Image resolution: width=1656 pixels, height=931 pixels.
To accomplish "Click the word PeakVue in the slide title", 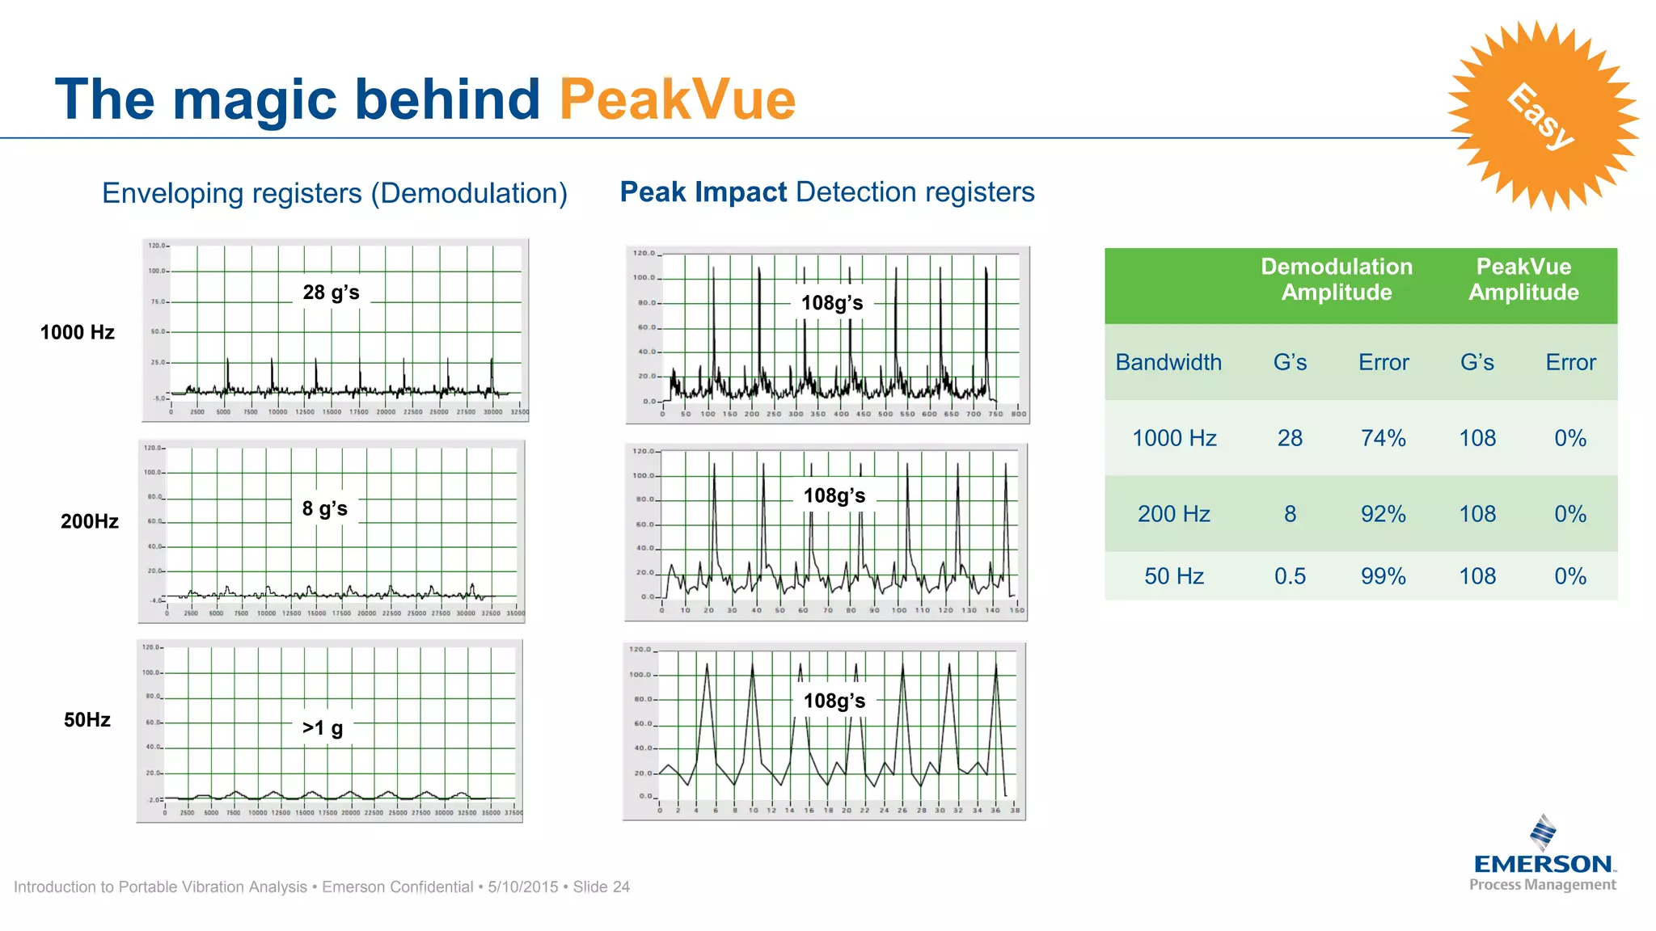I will tap(677, 100).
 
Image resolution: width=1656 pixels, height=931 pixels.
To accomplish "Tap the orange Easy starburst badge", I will tap(1541, 116).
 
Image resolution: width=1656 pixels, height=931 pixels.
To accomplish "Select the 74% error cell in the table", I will tap(1383, 438).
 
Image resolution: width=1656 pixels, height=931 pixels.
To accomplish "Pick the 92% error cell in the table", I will tap(1383, 514).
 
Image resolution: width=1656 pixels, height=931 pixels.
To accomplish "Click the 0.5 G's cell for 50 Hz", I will tap(1290, 576).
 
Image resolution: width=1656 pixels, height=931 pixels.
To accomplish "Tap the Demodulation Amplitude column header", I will tap(1336, 280).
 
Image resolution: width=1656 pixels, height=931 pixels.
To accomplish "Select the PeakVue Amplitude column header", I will tap(1523, 280).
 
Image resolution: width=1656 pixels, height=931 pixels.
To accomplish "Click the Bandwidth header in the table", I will tap(1168, 362).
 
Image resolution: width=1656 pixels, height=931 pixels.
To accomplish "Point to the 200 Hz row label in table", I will tap(1173, 514).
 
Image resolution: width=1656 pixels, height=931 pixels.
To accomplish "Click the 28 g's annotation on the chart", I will tap(331, 293).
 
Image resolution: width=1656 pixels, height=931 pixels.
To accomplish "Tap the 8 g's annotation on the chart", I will tap(324, 509).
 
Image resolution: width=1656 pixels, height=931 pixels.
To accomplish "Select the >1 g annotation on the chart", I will tap(323, 728).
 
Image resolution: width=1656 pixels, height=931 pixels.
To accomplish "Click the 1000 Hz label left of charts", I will tap(78, 332).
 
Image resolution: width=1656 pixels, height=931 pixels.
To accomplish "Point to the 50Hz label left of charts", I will tap(87, 720).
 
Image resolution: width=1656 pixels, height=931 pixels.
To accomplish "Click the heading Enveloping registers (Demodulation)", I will tap(334, 193).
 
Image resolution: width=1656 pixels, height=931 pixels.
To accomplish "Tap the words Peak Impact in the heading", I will tap(703, 192).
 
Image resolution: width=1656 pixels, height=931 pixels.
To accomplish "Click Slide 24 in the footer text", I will tap(601, 887).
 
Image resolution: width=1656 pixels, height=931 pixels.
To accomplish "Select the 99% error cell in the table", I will tap(1383, 576).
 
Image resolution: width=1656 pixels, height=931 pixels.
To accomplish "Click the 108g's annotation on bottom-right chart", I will tap(834, 701).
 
